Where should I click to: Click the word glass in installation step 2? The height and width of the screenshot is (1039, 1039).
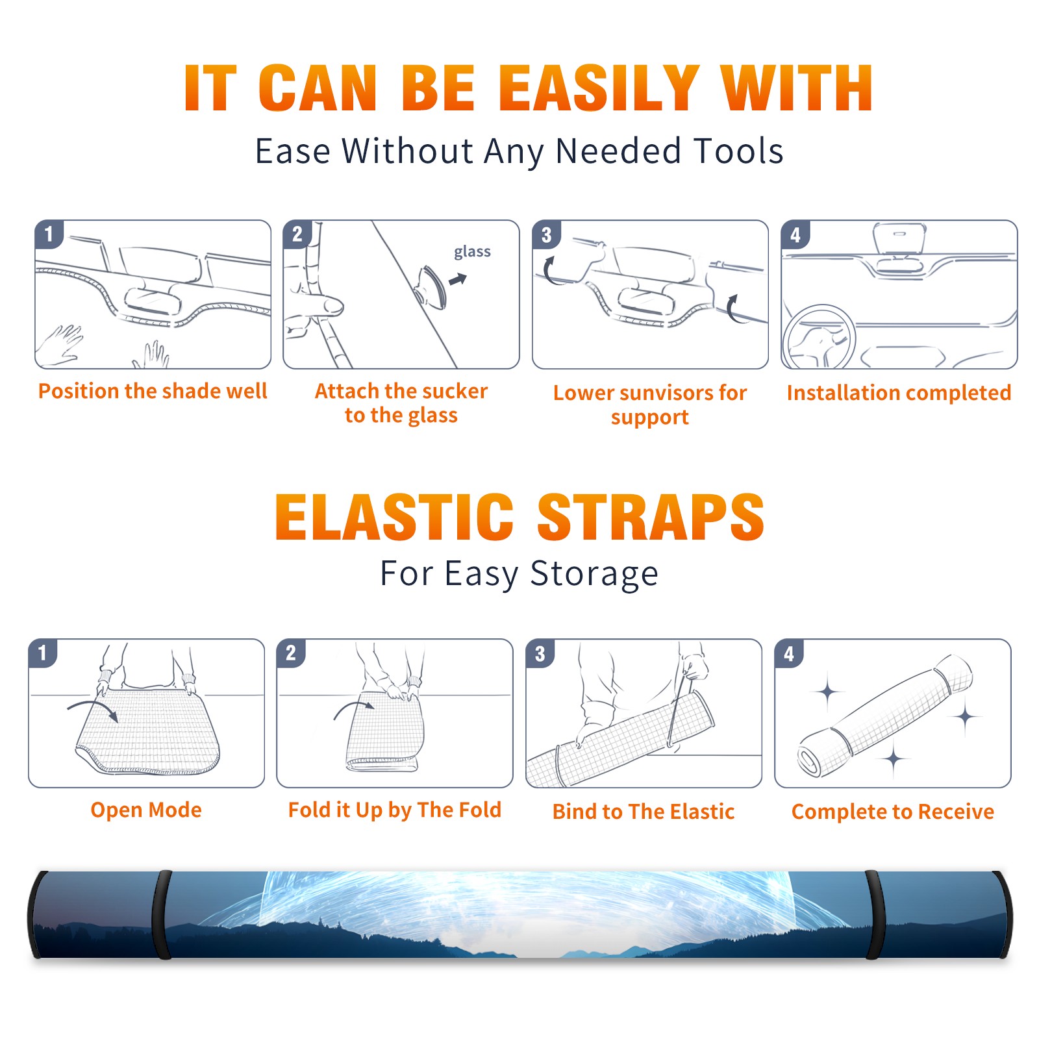coord(472,252)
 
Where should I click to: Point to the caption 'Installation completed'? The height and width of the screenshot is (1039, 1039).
coord(899,393)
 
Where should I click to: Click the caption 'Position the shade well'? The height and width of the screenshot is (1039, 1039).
coord(153,391)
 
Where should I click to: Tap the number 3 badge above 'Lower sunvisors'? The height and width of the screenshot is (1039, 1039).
coord(546,235)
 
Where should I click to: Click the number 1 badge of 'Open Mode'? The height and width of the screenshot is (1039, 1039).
coord(43,653)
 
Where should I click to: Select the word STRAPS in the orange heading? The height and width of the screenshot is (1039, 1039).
coord(651,517)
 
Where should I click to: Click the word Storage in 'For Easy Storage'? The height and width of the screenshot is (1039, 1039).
coord(594,575)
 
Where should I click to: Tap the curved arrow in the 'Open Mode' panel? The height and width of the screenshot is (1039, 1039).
coord(93,707)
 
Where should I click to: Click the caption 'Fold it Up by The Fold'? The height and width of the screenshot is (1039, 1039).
coord(395,810)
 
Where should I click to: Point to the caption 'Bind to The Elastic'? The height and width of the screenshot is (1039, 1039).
coord(644,812)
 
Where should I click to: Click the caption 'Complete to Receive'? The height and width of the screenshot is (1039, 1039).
coord(893,812)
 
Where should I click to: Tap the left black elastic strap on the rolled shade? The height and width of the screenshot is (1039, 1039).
coord(162,915)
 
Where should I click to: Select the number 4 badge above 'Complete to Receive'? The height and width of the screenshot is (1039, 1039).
coord(789,653)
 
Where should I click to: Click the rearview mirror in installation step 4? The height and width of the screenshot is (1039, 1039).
coord(899,238)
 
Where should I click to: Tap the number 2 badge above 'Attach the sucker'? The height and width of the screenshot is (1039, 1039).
coord(297,234)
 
